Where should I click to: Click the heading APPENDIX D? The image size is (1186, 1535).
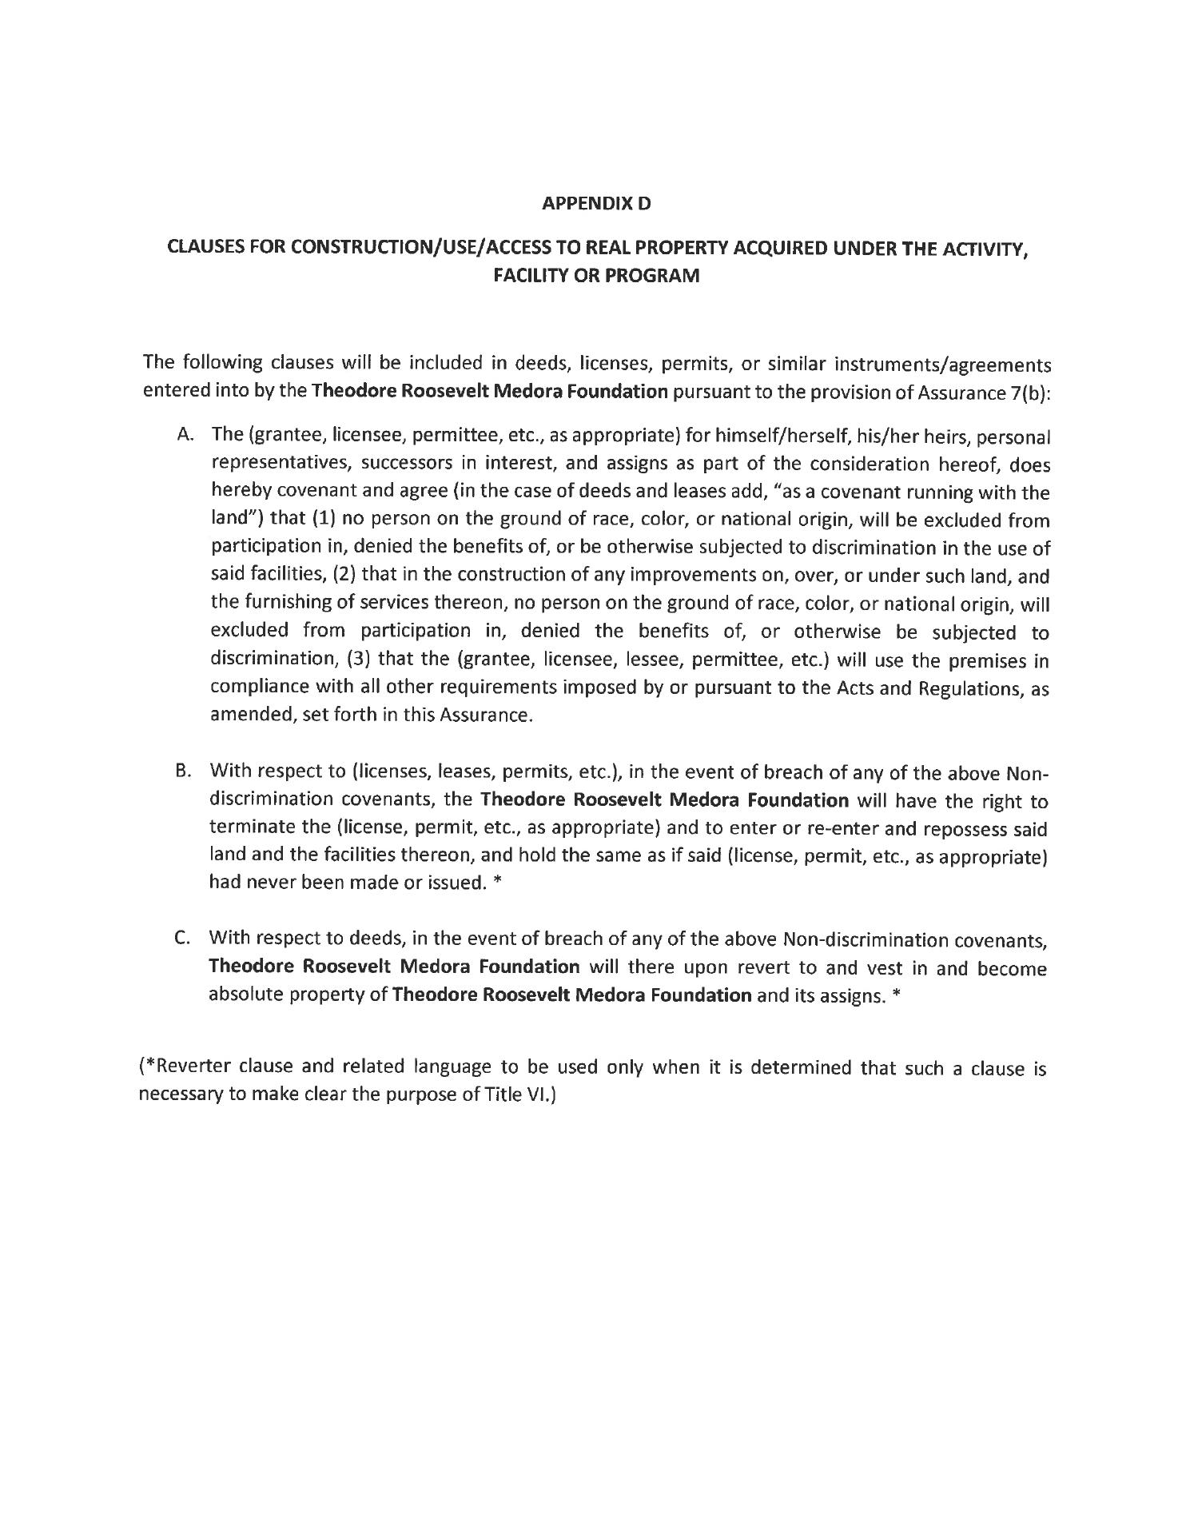click(x=596, y=204)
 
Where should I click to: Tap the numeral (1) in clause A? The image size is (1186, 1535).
click(x=316, y=520)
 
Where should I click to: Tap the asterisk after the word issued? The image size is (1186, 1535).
click(x=496, y=884)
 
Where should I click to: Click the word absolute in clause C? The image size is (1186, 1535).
click(x=246, y=996)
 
